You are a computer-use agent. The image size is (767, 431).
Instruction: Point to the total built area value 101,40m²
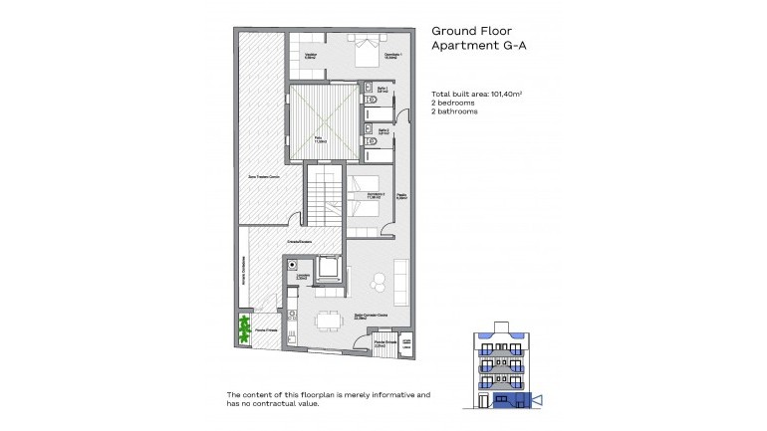click(x=503, y=93)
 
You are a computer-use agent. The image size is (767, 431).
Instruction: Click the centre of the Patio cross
click(x=322, y=121)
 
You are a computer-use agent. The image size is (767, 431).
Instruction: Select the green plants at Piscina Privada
click(x=244, y=328)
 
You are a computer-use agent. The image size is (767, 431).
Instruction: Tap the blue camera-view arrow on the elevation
click(x=537, y=400)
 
